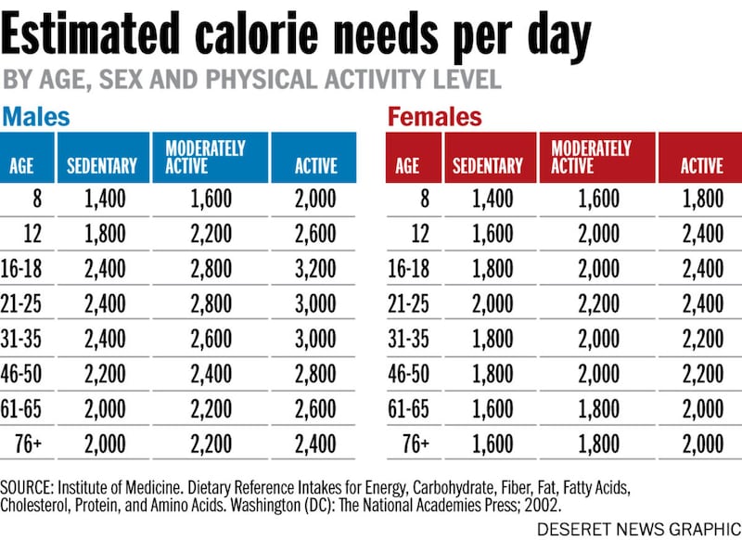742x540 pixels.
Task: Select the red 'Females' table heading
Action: pyautogui.click(x=434, y=117)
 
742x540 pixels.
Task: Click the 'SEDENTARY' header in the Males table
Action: pyautogui.click(x=102, y=167)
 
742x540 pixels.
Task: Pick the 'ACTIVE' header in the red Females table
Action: pyautogui.click(x=701, y=167)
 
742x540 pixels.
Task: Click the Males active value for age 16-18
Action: pyautogui.click(x=315, y=269)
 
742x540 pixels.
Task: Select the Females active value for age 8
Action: pyautogui.click(x=701, y=197)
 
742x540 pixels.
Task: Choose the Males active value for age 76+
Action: pyautogui.click(x=315, y=444)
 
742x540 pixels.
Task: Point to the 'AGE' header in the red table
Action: pyautogui.click(x=407, y=167)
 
